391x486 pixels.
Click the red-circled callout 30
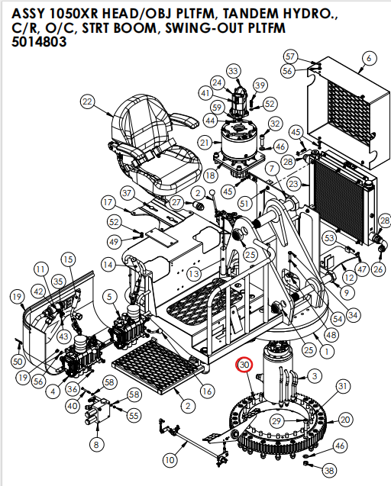(244, 366)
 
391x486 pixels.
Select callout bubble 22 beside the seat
(87, 102)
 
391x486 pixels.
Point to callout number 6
(370, 58)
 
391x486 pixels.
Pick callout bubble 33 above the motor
(233, 71)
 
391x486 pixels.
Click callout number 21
(204, 143)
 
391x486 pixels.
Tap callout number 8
(95, 445)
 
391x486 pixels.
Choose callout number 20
(346, 420)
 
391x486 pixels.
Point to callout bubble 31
(343, 387)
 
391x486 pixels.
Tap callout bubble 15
(68, 259)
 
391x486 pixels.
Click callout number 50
(19, 360)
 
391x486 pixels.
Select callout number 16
(207, 391)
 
